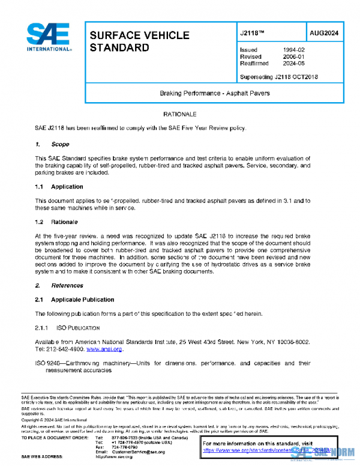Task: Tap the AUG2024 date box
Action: (x=324, y=33)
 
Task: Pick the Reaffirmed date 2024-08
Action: (x=293, y=63)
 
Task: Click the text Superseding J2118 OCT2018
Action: (x=278, y=77)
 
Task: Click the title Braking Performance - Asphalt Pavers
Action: (x=214, y=93)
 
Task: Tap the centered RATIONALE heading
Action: (x=180, y=113)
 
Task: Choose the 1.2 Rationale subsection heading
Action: (x=56, y=222)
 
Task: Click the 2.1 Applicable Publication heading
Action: (x=74, y=300)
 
